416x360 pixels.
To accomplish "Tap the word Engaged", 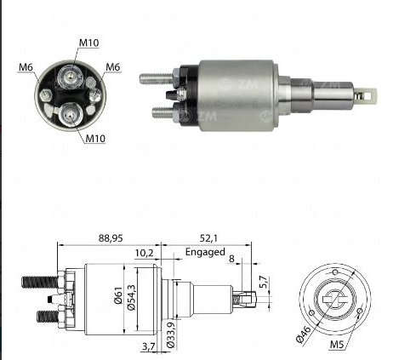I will pos(203,252).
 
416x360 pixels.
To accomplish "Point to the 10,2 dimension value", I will pos(145,253).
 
